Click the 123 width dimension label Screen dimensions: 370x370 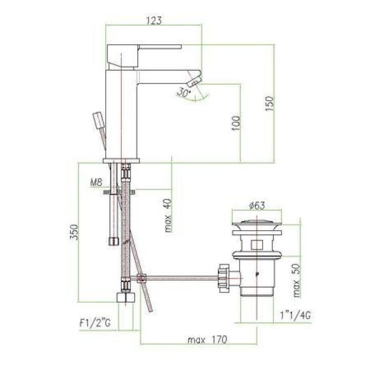(x=154, y=20)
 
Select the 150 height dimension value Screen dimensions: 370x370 (x=270, y=103)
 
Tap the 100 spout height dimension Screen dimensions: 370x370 (x=236, y=123)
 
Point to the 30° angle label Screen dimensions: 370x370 (x=184, y=92)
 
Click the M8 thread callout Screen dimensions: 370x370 (x=96, y=182)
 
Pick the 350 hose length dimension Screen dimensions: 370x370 (x=74, y=232)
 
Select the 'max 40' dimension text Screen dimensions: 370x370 (x=168, y=215)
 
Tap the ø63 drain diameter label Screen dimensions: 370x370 (x=257, y=206)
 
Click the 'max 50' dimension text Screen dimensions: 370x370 (x=297, y=281)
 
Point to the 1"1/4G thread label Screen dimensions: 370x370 (x=295, y=315)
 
